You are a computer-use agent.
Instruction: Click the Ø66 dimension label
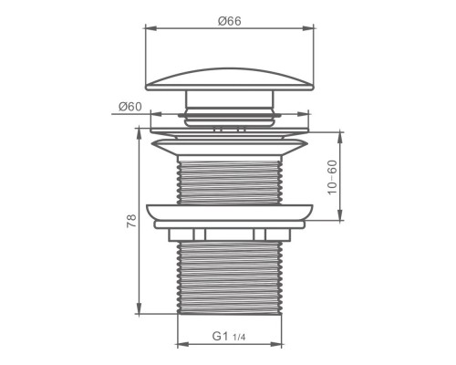[230, 21]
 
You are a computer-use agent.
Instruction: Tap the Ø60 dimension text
[130, 107]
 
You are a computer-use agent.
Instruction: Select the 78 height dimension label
[131, 221]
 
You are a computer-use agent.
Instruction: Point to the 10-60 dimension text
[332, 177]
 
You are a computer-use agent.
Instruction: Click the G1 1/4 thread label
[229, 337]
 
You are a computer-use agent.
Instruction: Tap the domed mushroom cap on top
[230, 79]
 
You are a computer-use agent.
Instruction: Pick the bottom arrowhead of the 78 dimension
[139, 308]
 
